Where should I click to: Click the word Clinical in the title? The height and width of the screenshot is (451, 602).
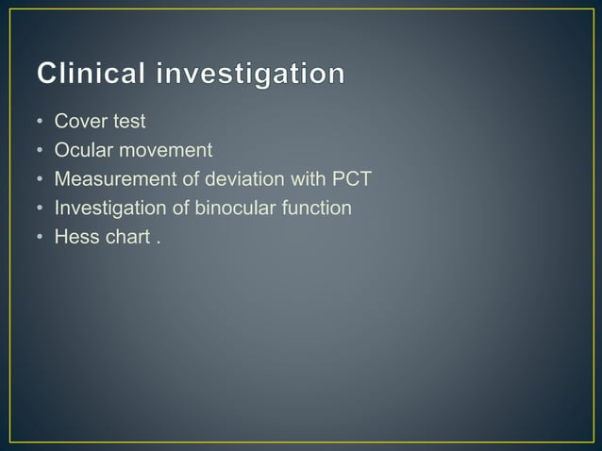(93, 75)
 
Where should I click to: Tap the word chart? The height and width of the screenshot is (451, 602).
(127, 236)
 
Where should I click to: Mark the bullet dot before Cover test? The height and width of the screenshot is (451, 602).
(40, 122)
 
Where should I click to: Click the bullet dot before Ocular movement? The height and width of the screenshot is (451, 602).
(40, 151)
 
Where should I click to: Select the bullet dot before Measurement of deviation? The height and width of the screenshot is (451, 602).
(40, 179)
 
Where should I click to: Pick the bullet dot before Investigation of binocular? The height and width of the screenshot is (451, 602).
(40, 209)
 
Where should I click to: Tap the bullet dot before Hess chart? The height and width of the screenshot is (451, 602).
(40, 237)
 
